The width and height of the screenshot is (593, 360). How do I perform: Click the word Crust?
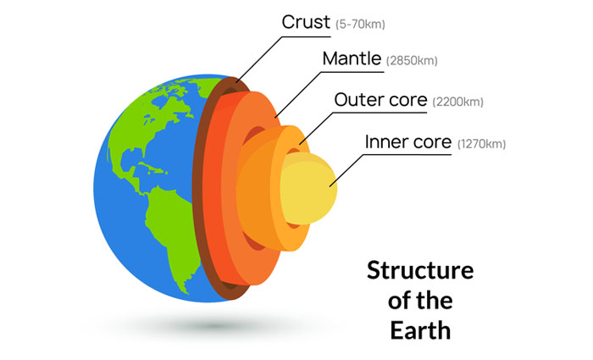(305, 21)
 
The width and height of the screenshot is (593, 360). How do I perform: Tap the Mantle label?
(351, 60)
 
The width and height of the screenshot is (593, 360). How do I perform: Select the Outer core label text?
(380, 100)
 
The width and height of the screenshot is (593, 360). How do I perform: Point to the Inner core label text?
(408, 141)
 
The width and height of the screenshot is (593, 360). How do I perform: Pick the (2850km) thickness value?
(413, 62)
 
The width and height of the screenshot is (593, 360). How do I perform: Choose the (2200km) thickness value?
(457, 102)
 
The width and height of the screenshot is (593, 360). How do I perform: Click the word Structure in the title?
(419, 272)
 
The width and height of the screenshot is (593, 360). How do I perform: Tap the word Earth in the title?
(419, 328)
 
